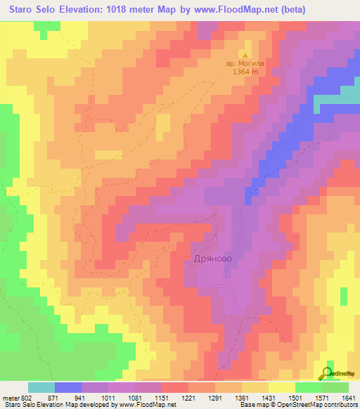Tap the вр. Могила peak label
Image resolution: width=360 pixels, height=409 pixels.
tap(245, 64)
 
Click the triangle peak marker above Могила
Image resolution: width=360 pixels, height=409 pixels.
tap(245, 54)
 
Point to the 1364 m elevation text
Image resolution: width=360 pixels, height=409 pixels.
tap(245, 72)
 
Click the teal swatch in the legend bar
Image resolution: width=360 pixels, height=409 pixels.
tap(41, 387)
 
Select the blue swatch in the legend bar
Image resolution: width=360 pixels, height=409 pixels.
tap(68, 387)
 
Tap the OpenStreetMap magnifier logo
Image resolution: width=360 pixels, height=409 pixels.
tap(328, 372)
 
